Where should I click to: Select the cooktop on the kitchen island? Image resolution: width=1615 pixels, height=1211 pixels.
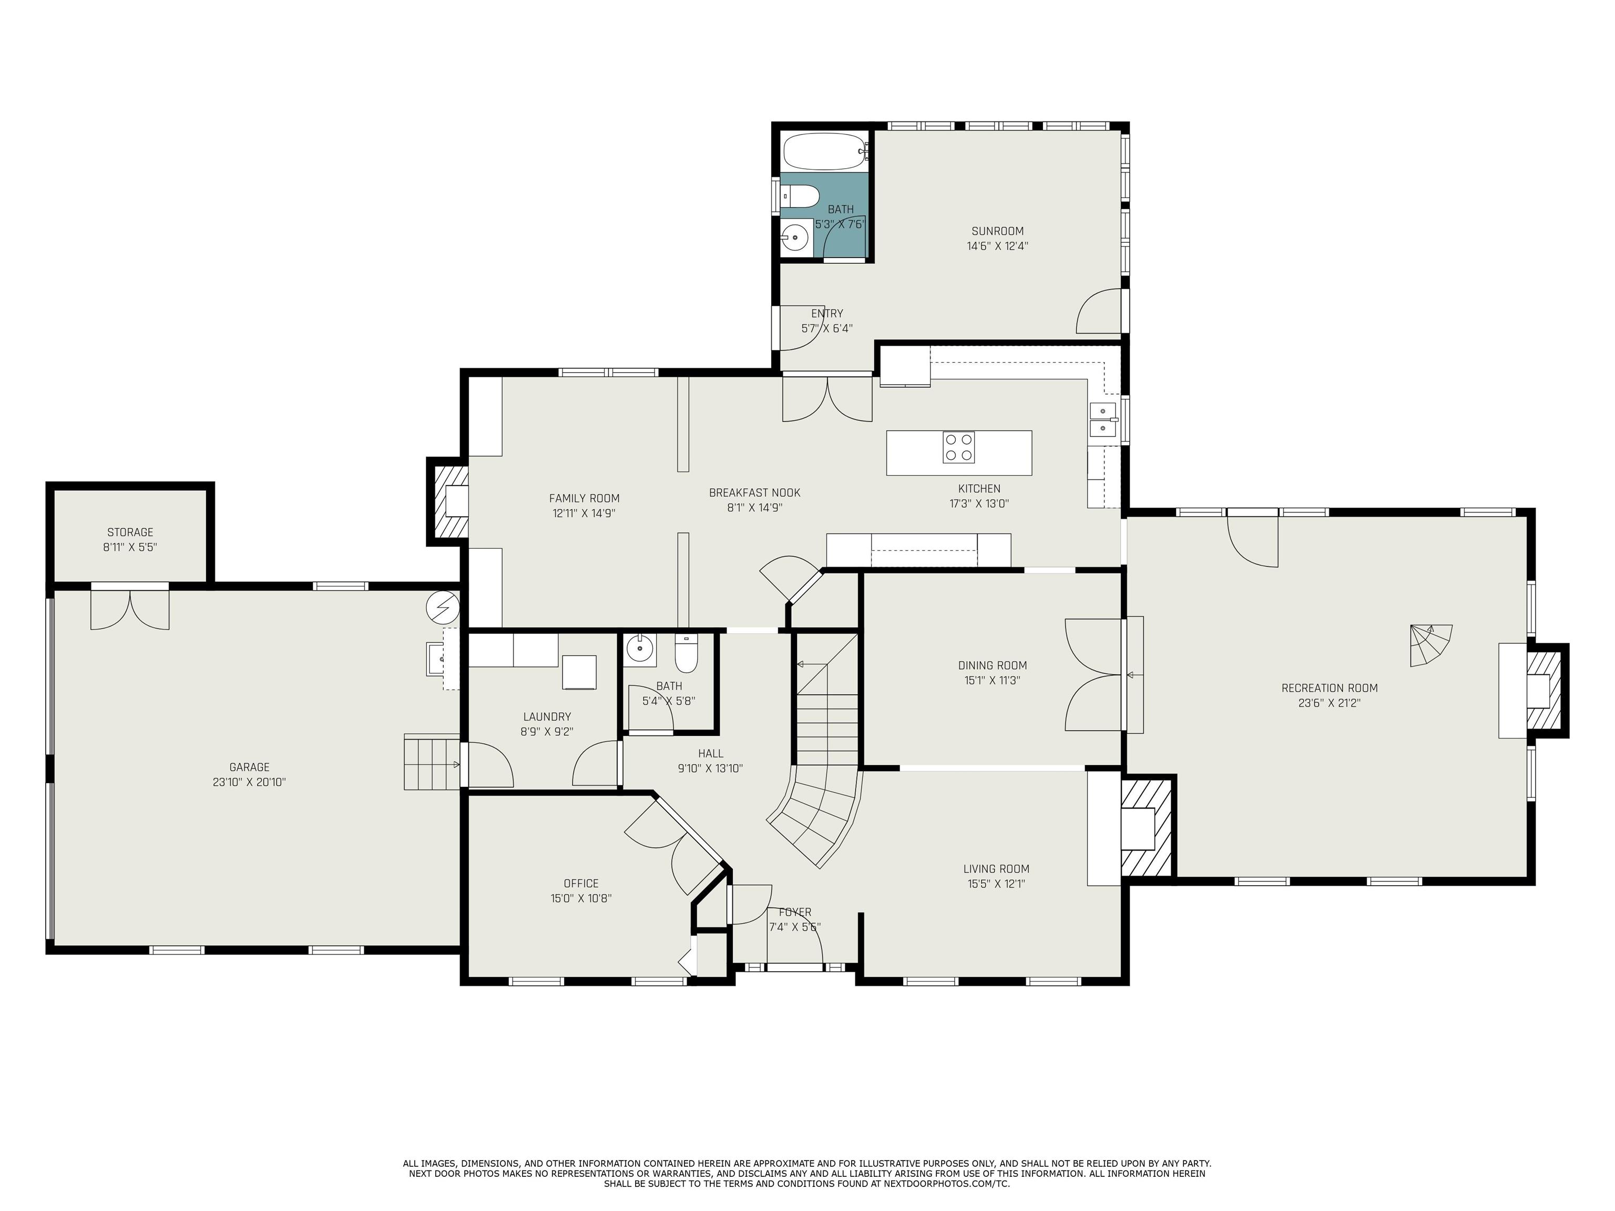(958, 447)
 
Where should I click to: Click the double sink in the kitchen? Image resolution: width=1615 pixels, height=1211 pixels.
(1102, 420)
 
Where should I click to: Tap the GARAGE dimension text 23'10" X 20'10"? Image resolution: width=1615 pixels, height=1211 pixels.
(249, 782)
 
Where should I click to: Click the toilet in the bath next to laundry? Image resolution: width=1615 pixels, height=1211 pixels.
(686, 653)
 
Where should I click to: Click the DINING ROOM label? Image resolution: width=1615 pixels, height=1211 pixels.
(992, 665)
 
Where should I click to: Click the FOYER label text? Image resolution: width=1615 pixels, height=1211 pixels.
(794, 912)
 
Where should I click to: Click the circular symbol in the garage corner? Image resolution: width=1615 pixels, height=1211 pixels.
(443, 607)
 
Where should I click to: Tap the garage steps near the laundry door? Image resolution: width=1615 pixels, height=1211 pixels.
(432, 763)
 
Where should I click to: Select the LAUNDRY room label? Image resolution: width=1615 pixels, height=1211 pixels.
(547, 717)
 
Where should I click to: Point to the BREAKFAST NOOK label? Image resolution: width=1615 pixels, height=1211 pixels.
(754, 492)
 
